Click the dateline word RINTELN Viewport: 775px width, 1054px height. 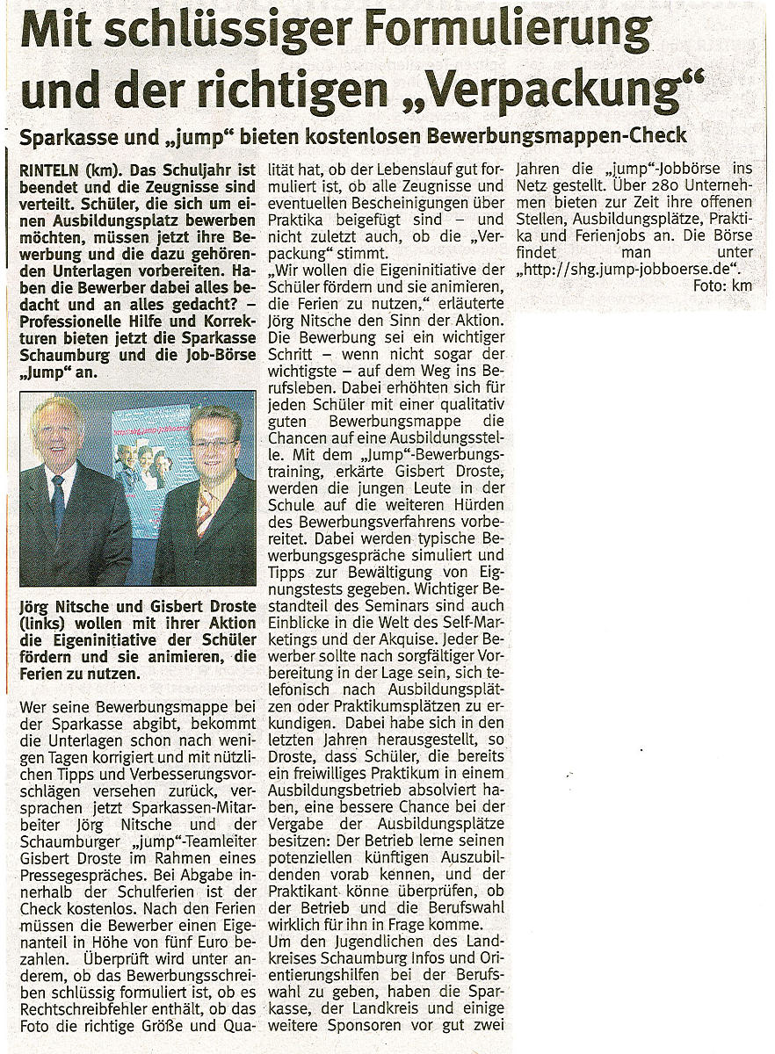(48, 166)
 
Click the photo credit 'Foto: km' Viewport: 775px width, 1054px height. (722, 286)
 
